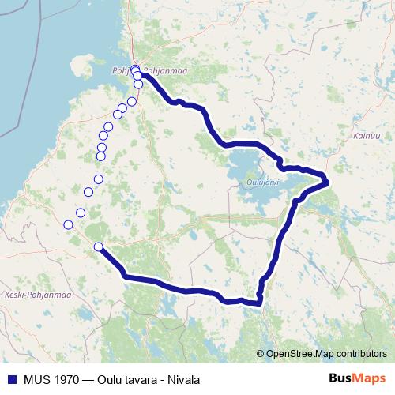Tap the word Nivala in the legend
coord(182,379)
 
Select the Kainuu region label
coord(357,137)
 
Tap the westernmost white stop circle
coord(68,225)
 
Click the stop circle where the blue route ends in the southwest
coord(98,247)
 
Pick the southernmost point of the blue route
coord(254,303)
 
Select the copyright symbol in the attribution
coord(260,354)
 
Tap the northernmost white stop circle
coord(135,70)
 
